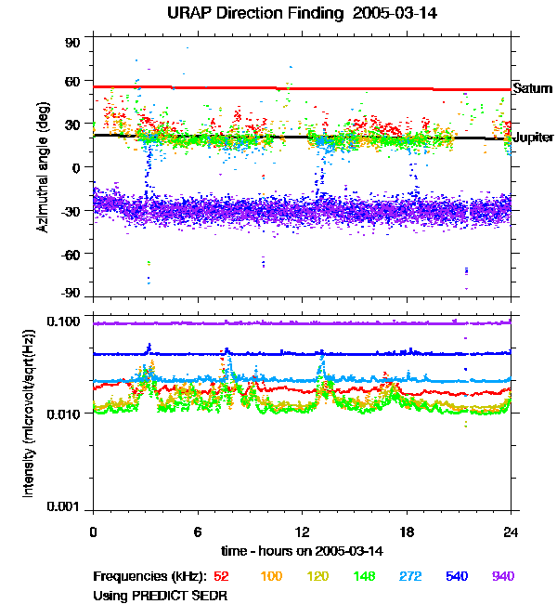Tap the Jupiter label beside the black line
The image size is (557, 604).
(x=533, y=138)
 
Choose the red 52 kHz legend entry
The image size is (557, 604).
(x=221, y=576)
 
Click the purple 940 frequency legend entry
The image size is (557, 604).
(x=503, y=576)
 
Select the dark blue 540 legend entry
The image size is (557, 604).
(x=458, y=576)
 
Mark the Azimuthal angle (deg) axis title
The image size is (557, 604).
(x=45, y=167)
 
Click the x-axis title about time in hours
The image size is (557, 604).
(x=302, y=551)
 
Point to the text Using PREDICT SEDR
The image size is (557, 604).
(x=160, y=594)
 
